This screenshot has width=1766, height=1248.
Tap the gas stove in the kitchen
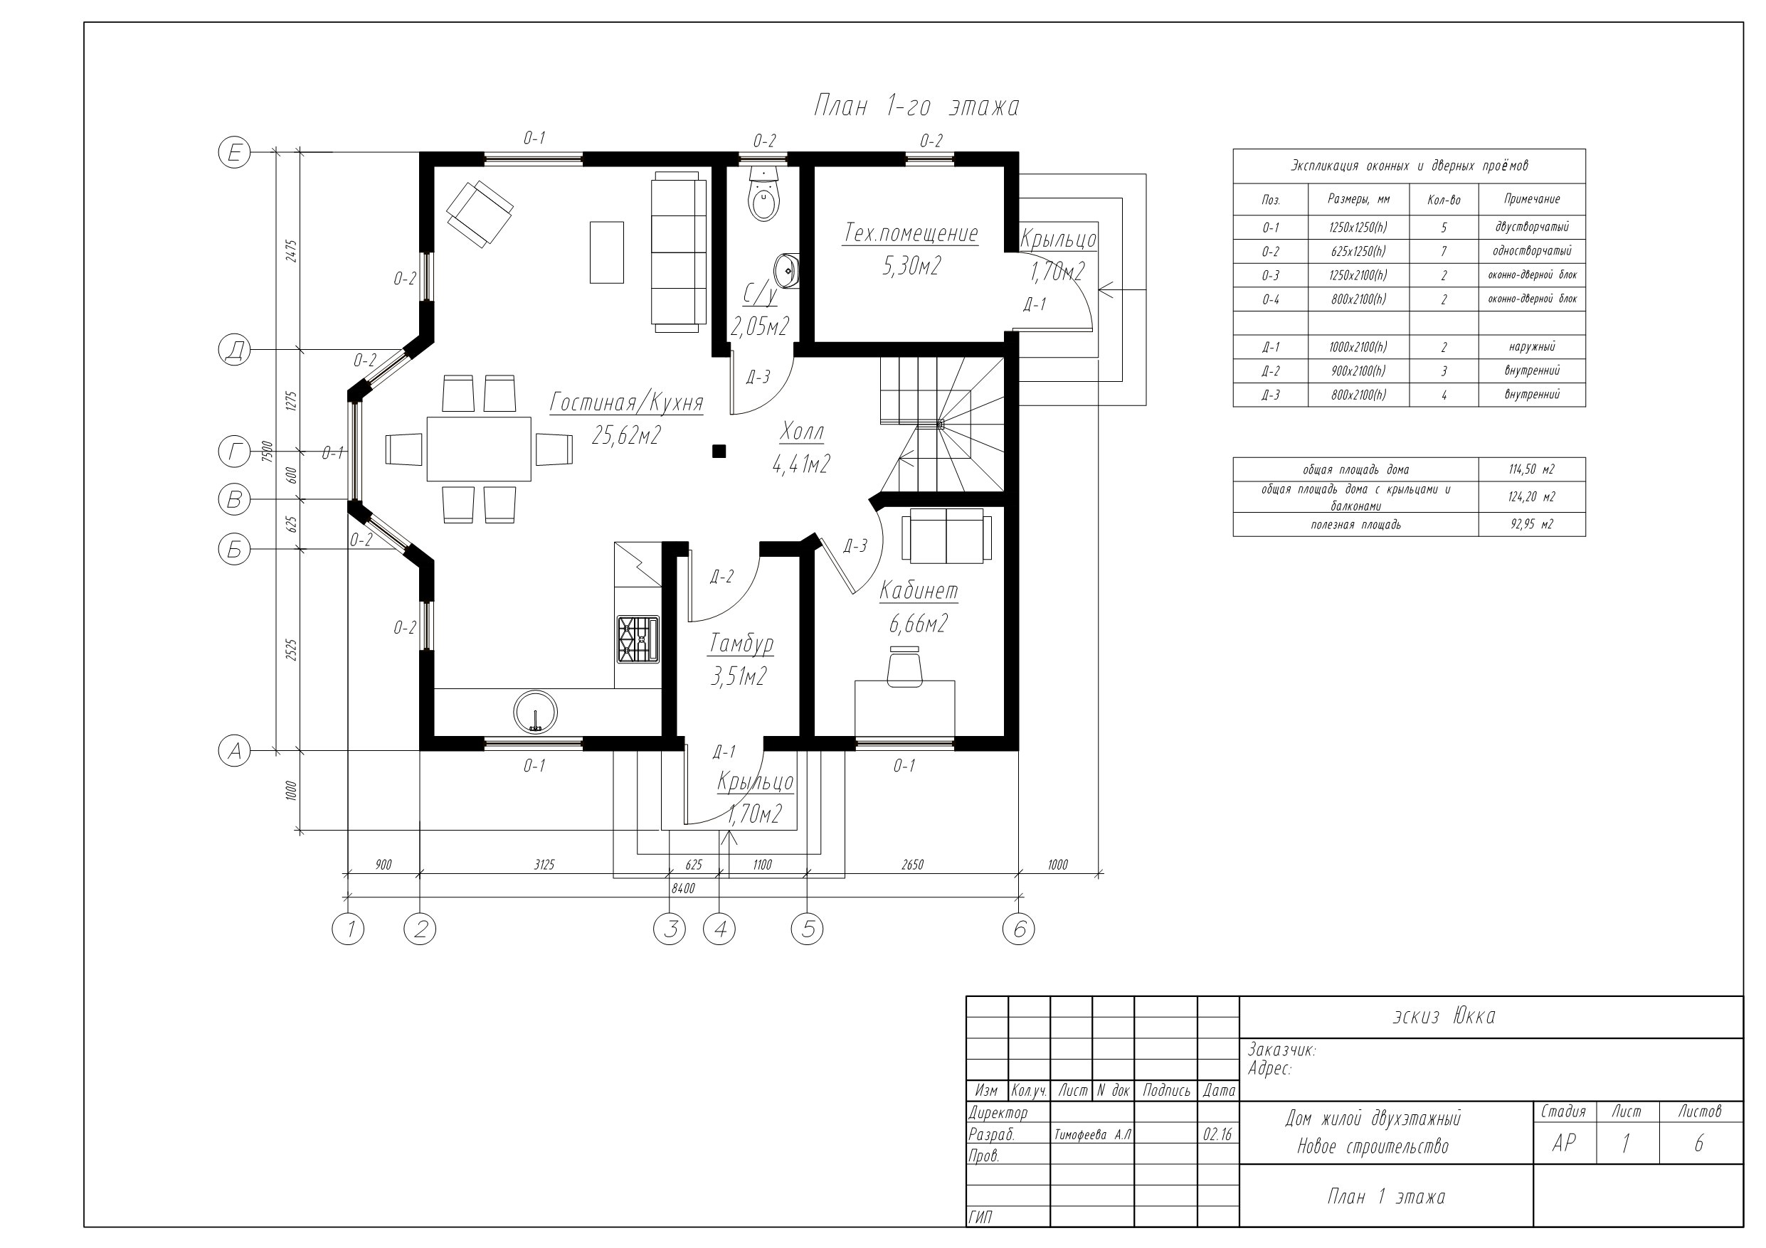point(637,639)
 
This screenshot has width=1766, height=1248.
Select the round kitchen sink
point(535,712)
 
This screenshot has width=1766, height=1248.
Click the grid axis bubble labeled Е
point(235,153)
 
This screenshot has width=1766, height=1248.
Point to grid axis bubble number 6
point(1018,929)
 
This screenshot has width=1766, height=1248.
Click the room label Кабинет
point(919,590)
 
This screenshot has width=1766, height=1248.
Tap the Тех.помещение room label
point(911,233)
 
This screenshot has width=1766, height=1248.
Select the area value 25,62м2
point(626,435)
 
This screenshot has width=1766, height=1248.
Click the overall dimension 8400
point(683,888)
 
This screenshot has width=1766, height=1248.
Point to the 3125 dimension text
point(544,864)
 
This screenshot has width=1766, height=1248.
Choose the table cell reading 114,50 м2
point(1531,469)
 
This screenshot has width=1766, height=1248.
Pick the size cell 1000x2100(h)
point(1358,347)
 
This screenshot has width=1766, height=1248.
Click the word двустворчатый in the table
point(1531,227)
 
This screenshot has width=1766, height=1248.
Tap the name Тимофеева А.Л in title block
point(1092,1135)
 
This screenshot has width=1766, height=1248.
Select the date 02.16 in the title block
point(1217,1135)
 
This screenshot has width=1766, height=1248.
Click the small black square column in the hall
point(719,452)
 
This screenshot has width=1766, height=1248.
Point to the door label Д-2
point(722,577)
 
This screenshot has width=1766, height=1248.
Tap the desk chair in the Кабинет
point(904,666)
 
